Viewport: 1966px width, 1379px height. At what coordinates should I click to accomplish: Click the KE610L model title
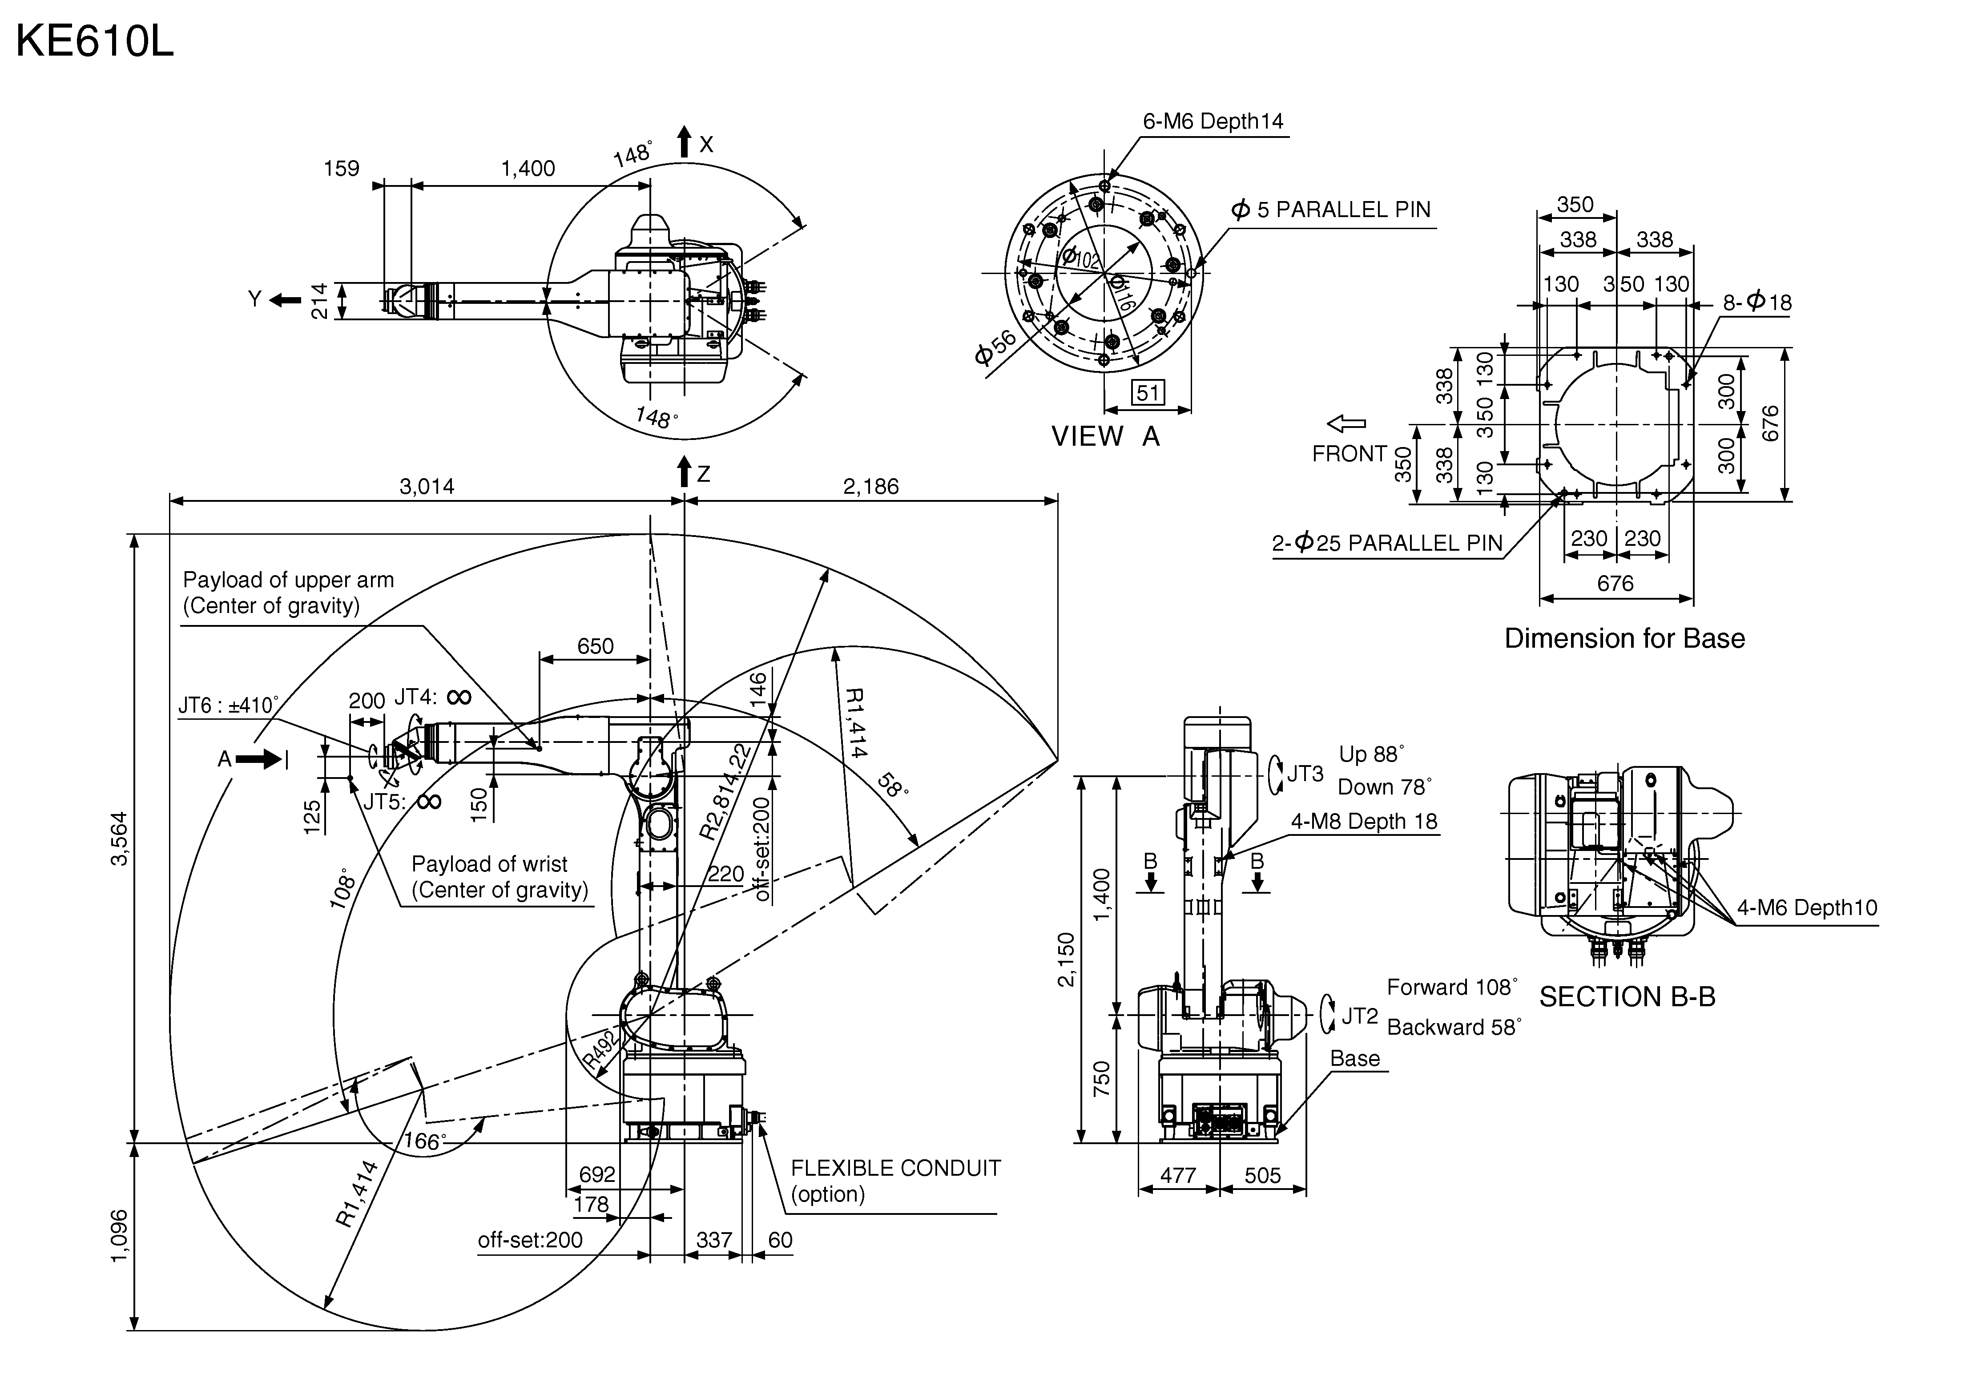point(95,41)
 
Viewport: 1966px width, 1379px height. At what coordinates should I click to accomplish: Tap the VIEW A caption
point(1105,437)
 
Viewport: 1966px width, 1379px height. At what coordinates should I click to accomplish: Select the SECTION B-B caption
point(1627,997)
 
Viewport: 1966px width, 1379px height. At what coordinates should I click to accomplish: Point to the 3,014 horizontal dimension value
point(427,487)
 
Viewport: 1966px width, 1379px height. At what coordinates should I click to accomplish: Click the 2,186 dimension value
point(871,487)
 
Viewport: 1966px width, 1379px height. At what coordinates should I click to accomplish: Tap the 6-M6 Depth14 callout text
point(1213,121)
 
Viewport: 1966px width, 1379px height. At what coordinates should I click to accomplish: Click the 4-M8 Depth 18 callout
point(1364,822)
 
